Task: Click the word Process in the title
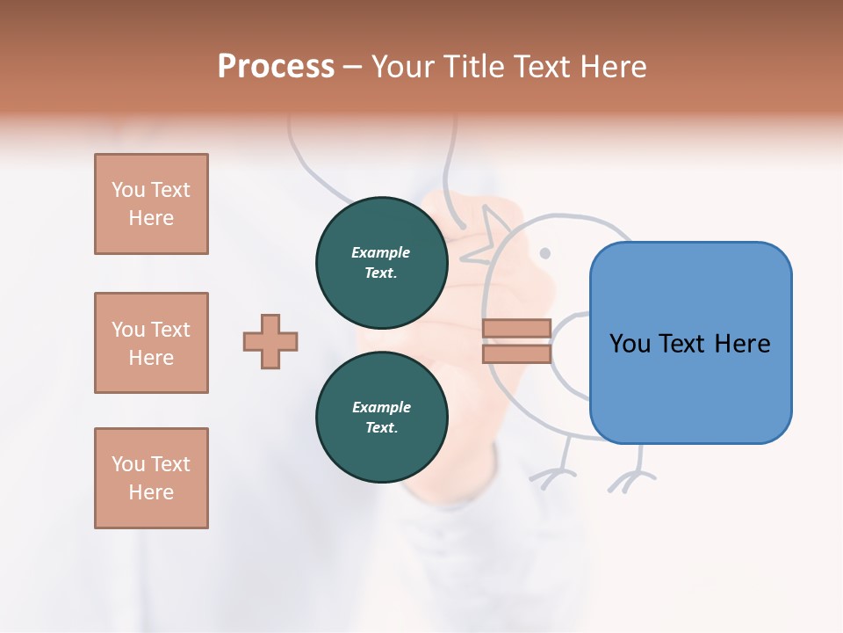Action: point(276,67)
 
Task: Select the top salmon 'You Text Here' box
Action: point(151,204)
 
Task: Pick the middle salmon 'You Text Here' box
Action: point(151,343)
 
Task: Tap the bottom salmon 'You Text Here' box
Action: point(151,478)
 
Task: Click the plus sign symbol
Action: point(270,341)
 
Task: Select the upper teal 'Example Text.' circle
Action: point(381,263)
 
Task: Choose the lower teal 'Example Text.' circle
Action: point(381,418)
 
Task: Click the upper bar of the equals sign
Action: point(516,329)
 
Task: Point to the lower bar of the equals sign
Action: point(516,353)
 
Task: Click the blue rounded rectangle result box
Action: point(690,343)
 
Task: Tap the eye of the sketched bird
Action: point(544,253)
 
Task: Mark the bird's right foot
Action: point(630,479)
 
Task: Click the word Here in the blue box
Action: point(742,343)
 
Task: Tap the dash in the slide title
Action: point(353,67)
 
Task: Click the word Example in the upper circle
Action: point(381,252)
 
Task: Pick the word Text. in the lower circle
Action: point(381,428)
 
